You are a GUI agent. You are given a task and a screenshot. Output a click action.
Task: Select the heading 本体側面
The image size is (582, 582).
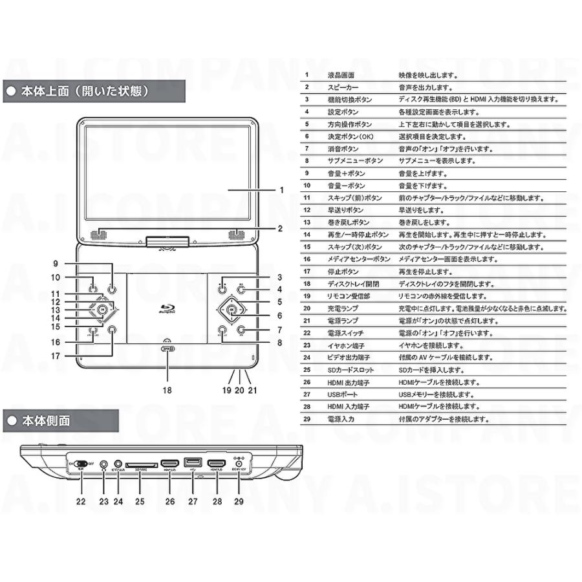[x=46, y=421]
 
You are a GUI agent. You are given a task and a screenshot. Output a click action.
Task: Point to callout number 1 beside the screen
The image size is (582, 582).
[x=281, y=191]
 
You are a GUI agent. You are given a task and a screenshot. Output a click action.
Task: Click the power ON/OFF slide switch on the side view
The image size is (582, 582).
[x=81, y=464]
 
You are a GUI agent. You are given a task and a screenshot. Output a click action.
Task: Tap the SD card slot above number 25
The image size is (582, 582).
[x=140, y=464]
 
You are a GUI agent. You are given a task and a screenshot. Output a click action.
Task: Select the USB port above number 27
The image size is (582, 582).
[x=192, y=462]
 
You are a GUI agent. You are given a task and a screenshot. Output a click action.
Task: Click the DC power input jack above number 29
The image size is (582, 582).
[x=240, y=463]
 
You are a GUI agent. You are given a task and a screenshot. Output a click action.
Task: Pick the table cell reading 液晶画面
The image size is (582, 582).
[x=341, y=75]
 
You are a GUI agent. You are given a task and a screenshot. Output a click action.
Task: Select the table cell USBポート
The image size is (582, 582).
[x=343, y=394]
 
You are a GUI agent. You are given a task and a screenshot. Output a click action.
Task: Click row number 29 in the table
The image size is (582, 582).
[x=307, y=419]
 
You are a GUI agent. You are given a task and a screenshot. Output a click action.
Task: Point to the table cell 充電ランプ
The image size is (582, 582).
[x=343, y=308]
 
